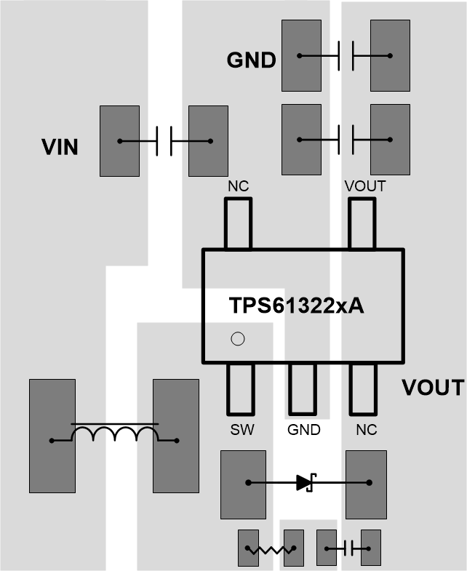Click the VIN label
tap(60, 148)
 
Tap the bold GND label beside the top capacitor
tap(251, 60)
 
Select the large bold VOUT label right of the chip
tap(433, 388)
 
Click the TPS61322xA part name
tap(297, 306)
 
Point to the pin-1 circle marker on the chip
tap(236, 338)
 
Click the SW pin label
tap(242, 430)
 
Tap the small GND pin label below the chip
tap(303, 430)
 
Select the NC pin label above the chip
tap(238, 187)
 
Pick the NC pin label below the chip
tap(366, 430)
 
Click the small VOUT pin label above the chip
tap(365, 187)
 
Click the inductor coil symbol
tap(114, 434)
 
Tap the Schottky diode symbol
tap(305, 482)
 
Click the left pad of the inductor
tap(52, 435)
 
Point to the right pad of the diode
tap(365, 483)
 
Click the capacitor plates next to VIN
tap(164, 141)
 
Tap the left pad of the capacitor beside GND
tap(300, 55)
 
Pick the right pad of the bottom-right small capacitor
tap(371, 548)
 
